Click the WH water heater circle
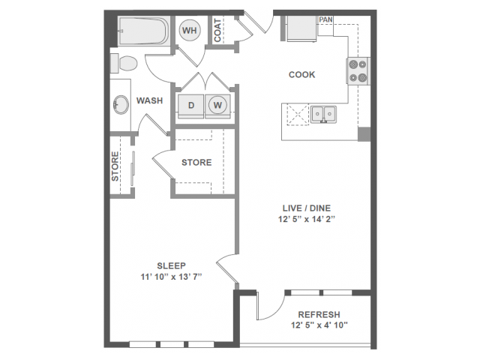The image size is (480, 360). point(189,30)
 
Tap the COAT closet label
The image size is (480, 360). point(217,30)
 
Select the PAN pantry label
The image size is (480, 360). point(325,19)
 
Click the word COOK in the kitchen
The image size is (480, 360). point(302,75)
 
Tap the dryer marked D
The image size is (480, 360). point(190,106)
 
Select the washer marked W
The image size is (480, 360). point(218,106)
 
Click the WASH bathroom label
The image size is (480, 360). point(149,100)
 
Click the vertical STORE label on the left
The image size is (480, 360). point(115,167)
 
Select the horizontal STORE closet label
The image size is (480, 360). point(196,162)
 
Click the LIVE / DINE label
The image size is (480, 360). point(306,206)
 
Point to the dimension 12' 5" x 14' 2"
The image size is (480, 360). point(306,220)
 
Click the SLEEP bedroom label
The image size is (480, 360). point(172,265)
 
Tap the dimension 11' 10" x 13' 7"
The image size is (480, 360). point(172,277)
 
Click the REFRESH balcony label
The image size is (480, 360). point(319,314)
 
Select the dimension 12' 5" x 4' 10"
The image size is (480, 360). point(319,325)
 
